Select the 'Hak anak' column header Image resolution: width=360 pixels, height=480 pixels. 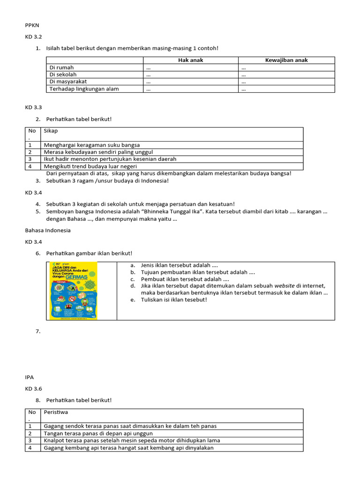[190, 60]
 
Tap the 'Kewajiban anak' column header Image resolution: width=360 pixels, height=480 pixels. [286, 60]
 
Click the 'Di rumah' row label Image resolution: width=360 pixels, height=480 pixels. [62, 67]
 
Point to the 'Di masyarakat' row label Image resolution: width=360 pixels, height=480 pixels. [68, 82]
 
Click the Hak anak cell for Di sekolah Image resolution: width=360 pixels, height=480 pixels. [149, 75]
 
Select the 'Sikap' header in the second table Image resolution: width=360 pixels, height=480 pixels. [51, 131]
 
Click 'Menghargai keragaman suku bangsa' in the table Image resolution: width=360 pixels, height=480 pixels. [92, 145]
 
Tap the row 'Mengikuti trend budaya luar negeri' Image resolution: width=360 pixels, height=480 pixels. [90, 166]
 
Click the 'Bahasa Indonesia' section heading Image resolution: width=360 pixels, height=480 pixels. [47, 230]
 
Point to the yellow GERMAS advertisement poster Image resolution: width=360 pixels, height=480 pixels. [73, 291]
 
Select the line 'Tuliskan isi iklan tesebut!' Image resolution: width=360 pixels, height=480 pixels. [173, 300]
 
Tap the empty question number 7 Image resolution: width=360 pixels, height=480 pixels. [38, 331]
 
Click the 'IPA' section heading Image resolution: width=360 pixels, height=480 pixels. [30, 376]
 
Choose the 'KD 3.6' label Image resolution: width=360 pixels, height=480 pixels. [34, 389]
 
